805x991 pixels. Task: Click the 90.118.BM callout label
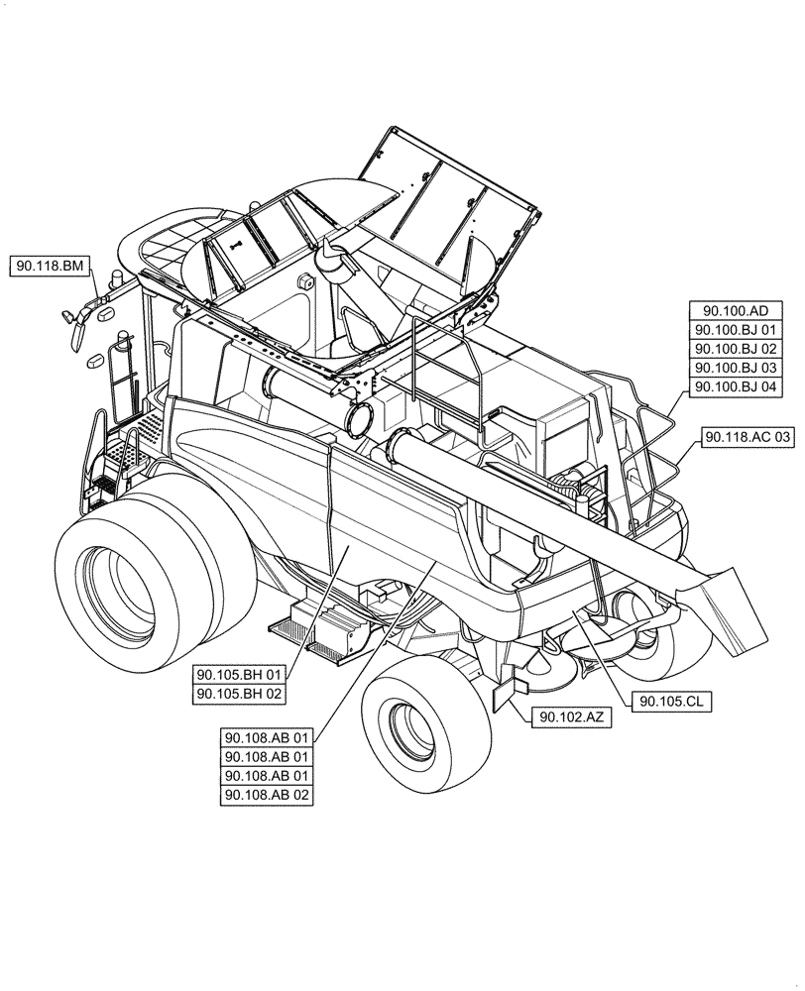click(52, 266)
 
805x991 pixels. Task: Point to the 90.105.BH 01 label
click(241, 675)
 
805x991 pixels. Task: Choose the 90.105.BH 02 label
click(241, 695)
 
